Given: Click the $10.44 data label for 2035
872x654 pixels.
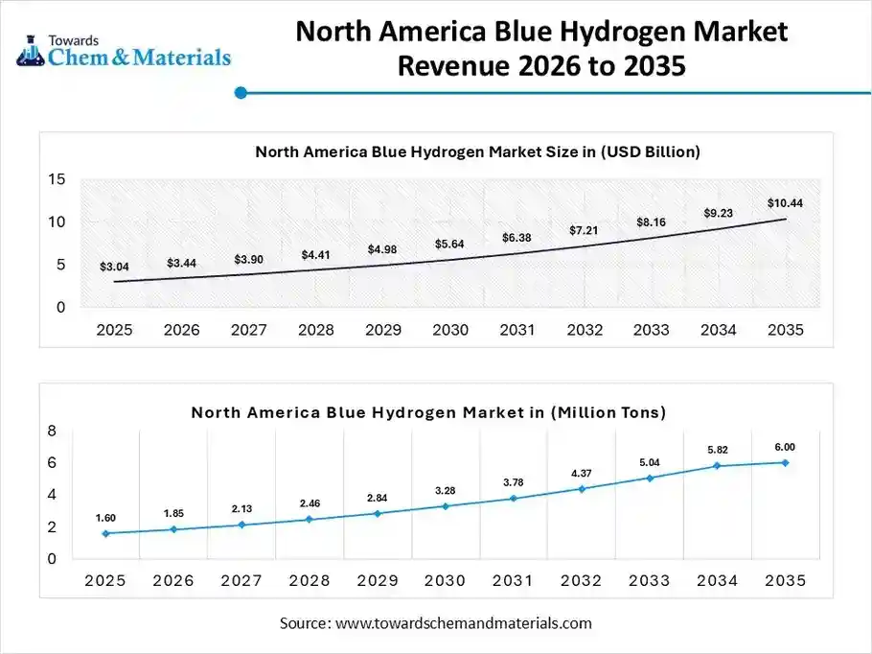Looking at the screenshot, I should [x=784, y=202].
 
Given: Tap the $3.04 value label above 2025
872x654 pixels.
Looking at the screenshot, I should [x=114, y=266].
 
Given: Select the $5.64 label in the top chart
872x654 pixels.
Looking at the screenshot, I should [x=449, y=244].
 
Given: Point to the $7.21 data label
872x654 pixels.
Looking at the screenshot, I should [x=584, y=231].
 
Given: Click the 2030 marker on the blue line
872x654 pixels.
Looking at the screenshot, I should [x=446, y=505].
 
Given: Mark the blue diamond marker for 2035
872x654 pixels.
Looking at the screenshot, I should [x=785, y=462].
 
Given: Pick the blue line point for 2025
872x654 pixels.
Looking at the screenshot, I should [x=105, y=533].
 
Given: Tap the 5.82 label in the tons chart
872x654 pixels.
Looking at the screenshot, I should [x=718, y=450].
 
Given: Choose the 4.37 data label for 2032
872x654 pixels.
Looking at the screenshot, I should [x=582, y=473].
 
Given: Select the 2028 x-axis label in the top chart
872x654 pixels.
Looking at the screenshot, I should [x=315, y=330].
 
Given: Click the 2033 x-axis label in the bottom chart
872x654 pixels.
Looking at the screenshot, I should [x=650, y=580].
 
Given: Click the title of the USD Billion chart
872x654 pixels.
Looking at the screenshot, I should [x=477, y=152].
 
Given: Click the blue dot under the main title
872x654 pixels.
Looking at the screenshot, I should [x=241, y=93].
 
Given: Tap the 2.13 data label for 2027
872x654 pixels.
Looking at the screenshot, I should [x=241, y=508].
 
